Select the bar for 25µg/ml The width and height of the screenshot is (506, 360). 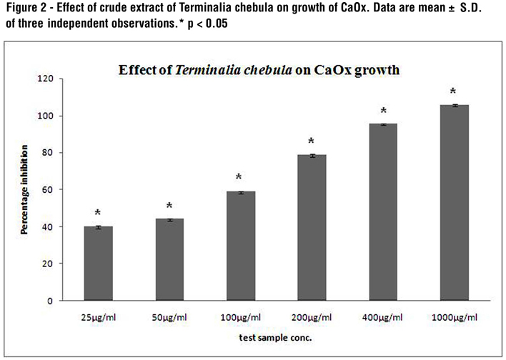pyautogui.click(x=99, y=264)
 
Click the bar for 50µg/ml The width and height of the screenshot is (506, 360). pyautogui.click(x=169, y=260)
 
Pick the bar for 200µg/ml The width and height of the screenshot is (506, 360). pyautogui.click(x=312, y=228)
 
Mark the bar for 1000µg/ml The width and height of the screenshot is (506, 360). pyautogui.click(x=454, y=203)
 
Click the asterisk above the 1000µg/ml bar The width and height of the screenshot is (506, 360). pyautogui.click(x=454, y=92)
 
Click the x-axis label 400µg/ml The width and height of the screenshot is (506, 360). pyautogui.click(x=383, y=316)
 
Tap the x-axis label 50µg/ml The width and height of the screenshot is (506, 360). pyautogui.click(x=169, y=316)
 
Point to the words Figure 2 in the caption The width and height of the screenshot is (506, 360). pyautogui.click(x=25, y=9)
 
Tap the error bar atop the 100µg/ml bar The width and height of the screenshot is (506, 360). pyautogui.click(x=240, y=192)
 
